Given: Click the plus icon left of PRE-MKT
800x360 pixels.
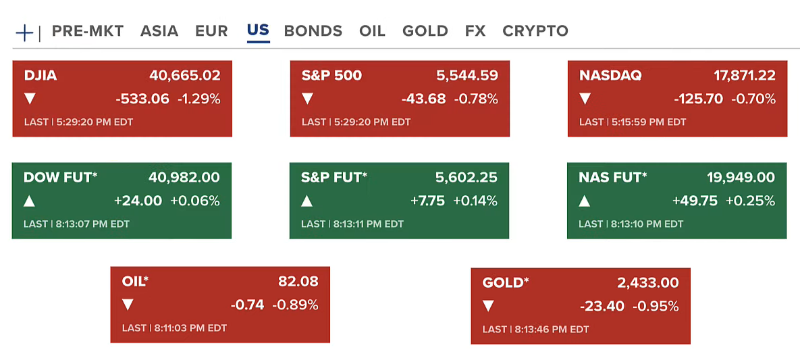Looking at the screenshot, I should (24, 32).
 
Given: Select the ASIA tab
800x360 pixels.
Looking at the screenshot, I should (159, 31).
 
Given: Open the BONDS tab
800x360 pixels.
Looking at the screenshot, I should (313, 31).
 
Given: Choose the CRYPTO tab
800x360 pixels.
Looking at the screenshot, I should (535, 31).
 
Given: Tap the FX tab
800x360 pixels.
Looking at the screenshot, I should (475, 31).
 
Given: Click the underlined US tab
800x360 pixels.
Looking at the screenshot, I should (258, 30).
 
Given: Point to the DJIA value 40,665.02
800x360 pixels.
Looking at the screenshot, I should (184, 76).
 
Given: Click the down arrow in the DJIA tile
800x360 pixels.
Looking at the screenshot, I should (30, 99).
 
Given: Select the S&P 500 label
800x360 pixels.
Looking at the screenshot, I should (331, 76).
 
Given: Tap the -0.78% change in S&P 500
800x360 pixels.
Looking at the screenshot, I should (476, 99).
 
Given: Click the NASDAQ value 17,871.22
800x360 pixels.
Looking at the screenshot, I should (744, 76).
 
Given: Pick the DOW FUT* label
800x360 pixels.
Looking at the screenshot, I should (61, 178).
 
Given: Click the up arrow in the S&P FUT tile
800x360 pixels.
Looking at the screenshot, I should (307, 201).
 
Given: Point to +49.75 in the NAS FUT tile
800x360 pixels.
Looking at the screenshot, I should (694, 201).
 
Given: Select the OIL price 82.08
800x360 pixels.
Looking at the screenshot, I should (298, 281).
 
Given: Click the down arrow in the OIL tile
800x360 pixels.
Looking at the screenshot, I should (128, 305).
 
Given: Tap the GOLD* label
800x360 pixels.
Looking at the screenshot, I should (506, 282).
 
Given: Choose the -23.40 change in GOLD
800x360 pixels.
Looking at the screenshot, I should (602, 306).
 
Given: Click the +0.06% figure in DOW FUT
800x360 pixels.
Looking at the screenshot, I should (194, 201).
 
